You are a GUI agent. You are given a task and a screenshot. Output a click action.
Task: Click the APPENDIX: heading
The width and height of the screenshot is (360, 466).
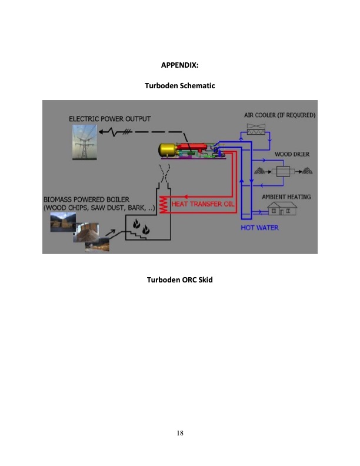click(179, 65)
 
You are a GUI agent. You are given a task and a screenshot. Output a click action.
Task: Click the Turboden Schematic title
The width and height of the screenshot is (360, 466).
click(179, 85)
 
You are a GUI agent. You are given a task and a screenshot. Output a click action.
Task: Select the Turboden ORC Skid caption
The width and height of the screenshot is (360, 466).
click(179, 279)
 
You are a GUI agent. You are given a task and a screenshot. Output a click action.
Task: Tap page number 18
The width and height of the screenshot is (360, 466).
click(180, 433)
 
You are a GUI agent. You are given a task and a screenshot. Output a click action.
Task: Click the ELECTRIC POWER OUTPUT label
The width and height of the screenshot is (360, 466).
click(110, 119)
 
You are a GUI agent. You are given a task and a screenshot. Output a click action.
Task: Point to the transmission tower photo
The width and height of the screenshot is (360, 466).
click(85, 142)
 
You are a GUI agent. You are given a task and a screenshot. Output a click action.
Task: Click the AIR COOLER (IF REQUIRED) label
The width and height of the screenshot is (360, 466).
click(280, 115)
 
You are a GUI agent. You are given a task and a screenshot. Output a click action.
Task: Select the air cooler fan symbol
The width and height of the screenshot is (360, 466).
click(256, 129)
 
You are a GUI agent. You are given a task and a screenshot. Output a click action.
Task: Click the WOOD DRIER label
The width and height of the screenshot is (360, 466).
click(292, 154)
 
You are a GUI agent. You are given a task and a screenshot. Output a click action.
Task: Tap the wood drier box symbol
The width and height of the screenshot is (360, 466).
click(283, 171)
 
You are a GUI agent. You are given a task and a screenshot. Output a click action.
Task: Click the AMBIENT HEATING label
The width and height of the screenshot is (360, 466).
click(286, 197)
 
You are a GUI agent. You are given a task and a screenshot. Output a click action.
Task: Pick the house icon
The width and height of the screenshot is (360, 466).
click(282, 208)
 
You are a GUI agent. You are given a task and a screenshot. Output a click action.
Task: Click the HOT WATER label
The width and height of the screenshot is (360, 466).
click(259, 228)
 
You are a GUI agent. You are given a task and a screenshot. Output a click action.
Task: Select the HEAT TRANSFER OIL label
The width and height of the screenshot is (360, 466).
click(203, 204)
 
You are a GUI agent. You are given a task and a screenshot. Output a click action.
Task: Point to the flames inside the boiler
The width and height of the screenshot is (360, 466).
click(141, 227)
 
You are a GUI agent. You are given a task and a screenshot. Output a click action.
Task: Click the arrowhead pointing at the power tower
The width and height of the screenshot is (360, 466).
click(101, 132)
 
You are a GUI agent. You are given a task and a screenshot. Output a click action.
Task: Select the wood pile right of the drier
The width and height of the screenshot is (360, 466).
click(308, 171)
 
